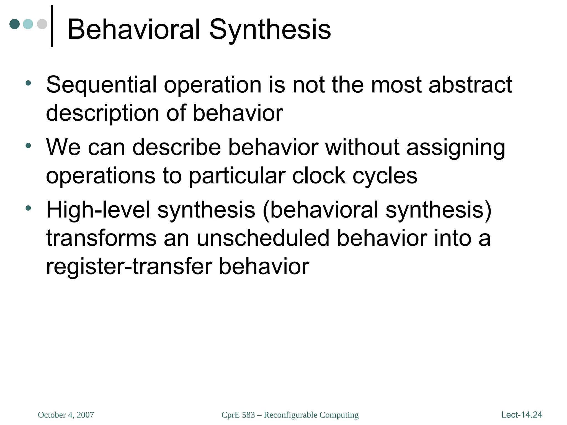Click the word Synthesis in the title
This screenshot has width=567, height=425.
(x=270, y=29)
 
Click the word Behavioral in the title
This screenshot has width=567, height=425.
(x=133, y=29)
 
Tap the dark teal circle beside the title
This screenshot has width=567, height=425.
(x=15, y=24)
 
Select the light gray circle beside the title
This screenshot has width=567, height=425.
(x=42, y=24)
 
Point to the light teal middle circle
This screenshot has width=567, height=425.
(x=28, y=24)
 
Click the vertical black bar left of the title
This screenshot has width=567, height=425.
(x=52, y=26)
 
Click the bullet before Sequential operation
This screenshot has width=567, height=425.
(x=28, y=83)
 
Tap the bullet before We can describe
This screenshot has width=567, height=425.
(x=28, y=145)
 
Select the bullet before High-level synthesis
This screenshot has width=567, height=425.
(x=28, y=208)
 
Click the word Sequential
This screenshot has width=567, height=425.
(x=101, y=85)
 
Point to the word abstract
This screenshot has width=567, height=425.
(x=470, y=85)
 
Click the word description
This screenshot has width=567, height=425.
(x=102, y=113)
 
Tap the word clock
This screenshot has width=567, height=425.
(x=319, y=176)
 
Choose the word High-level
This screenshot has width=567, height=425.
(x=98, y=210)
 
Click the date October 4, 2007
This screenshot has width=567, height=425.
(x=66, y=415)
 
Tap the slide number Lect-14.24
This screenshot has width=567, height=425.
(x=522, y=414)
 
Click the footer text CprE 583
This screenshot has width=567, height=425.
(x=238, y=415)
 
